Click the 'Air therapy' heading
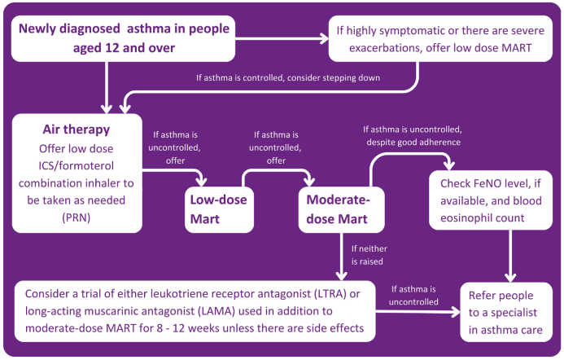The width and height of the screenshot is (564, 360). pyautogui.click(x=76, y=130)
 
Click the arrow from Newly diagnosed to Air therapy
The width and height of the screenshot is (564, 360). pyautogui.click(x=107, y=90)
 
